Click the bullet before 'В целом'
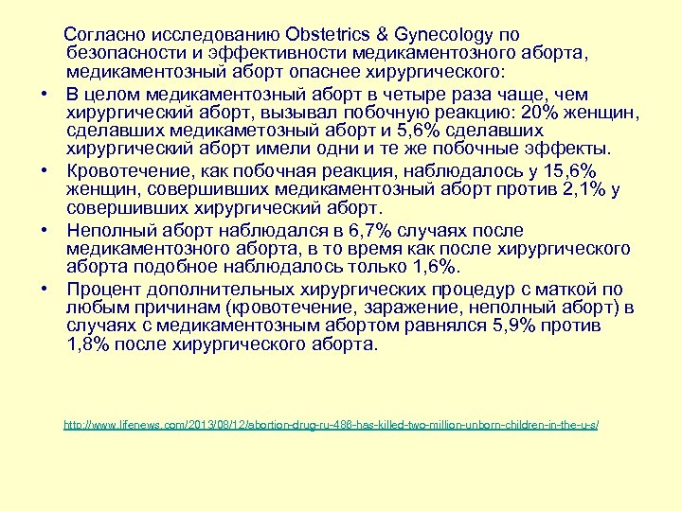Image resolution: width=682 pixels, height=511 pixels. (45, 95)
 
